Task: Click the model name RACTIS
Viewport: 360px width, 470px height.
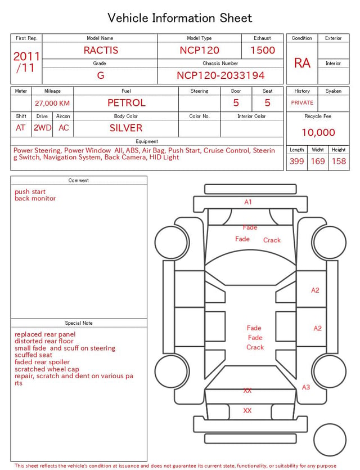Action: pyautogui.click(x=101, y=50)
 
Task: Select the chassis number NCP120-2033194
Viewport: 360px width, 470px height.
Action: pyautogui.click(x=220, y=75)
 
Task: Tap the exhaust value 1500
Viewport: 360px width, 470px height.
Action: pyautogui.click(x=263, y=50)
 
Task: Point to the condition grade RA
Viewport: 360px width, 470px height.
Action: pyautogui.click(x=302, y=63)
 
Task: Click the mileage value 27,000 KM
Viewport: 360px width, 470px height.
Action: pyautogui.click(x=52, y=104)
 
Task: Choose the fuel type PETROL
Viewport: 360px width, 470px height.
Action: pyautogui.click(x=127, y=103)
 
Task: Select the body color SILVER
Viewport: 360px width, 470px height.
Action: pyautogui.click(x=126, y=128)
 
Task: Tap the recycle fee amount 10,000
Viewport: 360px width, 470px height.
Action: pyautogui.click(x=318, y=132)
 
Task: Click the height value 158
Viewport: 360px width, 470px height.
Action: pyautogui.click(x=339, y=161)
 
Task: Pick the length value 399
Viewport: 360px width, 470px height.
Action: pyautogui.click(x=297, y=161)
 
